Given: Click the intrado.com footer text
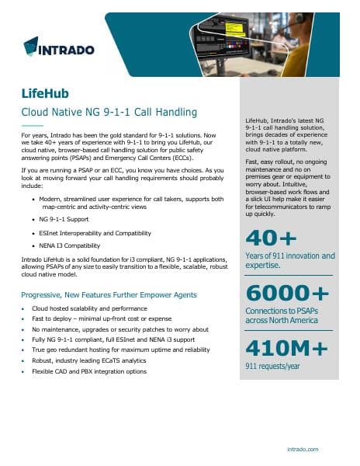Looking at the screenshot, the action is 324,449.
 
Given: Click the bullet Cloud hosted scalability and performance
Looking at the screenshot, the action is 97,308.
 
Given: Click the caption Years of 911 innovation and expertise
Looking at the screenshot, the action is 289,260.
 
